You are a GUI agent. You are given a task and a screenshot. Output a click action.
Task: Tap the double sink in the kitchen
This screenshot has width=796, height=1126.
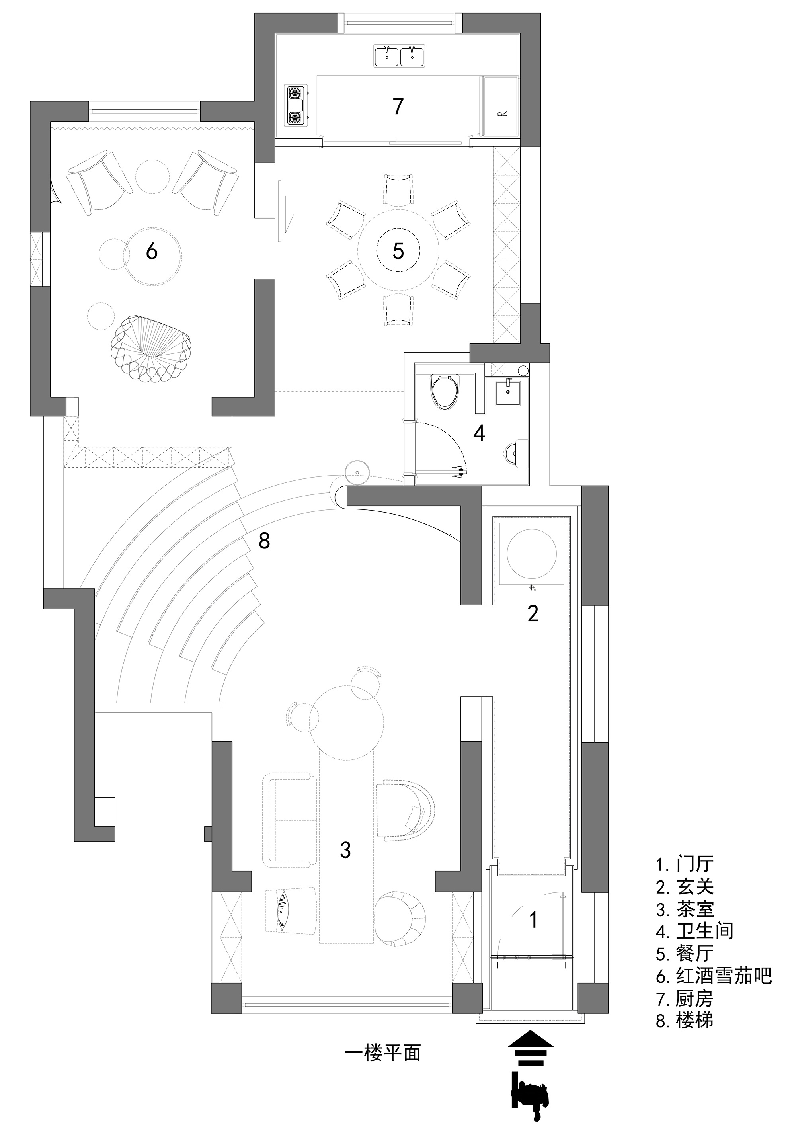[x=400, y=55]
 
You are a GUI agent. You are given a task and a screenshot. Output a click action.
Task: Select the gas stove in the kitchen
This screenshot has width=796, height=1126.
[x=296, y=105]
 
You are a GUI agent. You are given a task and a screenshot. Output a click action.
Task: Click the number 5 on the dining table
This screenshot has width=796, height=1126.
[x=398, y=251]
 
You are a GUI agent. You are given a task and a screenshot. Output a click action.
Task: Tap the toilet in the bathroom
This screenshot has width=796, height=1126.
[x=445, y=391]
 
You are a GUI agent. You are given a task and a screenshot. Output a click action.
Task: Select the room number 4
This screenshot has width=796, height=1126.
[x=479, y=433]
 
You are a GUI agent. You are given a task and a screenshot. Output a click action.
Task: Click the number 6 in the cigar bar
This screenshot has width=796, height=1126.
[x=152, y=251]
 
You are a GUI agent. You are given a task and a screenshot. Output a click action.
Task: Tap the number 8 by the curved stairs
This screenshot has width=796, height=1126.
[x=264, y=541]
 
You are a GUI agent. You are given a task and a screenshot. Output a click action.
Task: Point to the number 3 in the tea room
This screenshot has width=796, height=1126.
[x=345, y=850]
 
